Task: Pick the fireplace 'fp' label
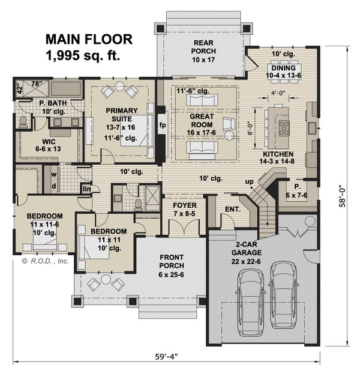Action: pyautogui.click(x=162, y=126)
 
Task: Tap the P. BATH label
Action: pyautogui.click(x=36, y=104)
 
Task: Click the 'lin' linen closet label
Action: pyautogui.click(x=87, y=189)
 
